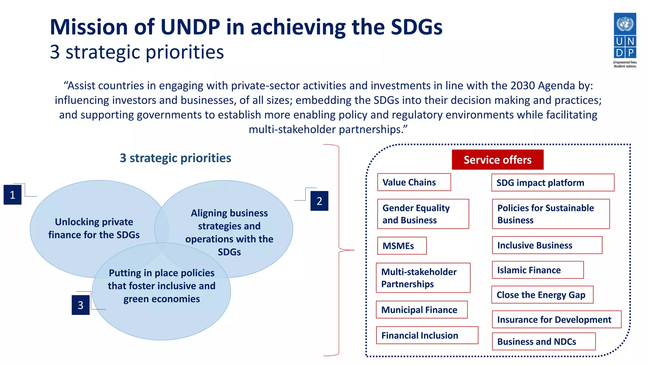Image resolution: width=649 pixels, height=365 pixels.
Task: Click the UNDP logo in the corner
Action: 625,40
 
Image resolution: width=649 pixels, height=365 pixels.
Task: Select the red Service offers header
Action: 498,160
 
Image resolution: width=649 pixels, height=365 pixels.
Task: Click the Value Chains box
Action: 414,182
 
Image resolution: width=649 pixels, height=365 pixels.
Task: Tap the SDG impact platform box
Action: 553,182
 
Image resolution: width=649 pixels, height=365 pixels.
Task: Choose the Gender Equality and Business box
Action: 423,214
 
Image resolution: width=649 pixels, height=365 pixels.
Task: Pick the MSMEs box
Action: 402,246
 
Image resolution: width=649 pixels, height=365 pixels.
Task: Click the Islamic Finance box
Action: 537,270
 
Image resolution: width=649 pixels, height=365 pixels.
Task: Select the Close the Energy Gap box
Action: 542,295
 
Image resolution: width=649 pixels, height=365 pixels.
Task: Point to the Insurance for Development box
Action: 556,319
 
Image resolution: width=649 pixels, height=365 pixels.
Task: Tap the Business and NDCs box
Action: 543,342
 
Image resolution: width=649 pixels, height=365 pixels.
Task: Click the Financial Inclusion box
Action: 427,335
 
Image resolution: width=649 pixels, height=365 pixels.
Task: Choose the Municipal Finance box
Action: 421,310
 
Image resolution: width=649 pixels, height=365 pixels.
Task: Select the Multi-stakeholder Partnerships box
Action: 423,278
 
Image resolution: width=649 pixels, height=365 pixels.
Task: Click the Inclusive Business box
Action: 547,245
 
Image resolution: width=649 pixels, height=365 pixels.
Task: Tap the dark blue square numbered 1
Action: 13,195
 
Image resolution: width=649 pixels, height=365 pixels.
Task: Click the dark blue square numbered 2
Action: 319,201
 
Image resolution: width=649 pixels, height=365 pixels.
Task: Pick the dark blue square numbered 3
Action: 80,305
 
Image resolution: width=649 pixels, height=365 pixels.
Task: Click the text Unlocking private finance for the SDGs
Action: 94,228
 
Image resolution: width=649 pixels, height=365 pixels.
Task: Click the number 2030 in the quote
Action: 523,86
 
